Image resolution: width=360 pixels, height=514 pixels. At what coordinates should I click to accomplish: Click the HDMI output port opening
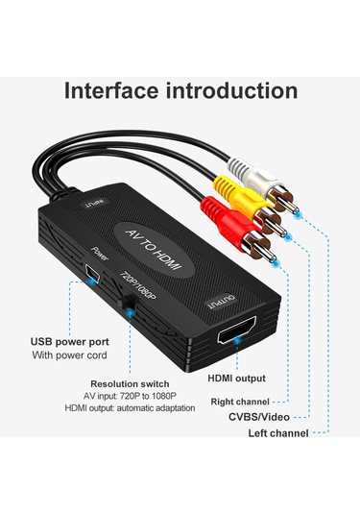[236, 337]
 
